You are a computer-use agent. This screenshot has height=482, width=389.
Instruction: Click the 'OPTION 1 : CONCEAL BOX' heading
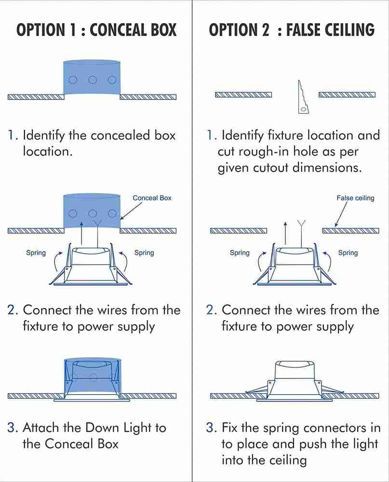(x=96, y=30)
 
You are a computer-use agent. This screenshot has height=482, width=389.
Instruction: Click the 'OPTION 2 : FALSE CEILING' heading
(x=291, y=30)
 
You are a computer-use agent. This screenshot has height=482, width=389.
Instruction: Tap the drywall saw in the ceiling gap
(x=302, y=98)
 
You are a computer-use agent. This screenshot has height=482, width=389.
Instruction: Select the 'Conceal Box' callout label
(x=152, y=198)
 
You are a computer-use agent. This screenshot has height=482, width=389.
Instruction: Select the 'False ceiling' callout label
(x=355, y=198)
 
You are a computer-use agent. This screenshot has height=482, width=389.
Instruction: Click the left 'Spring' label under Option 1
(x=36, y=253)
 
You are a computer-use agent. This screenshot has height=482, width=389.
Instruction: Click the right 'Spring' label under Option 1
(x=144, y=253)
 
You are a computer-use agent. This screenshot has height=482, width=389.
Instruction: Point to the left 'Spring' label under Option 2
(x=240, y=253)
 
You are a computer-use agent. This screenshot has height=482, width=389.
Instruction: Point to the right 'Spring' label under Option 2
(x=348, y=253)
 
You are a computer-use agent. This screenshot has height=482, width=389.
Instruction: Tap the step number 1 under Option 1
(x=13, y=135)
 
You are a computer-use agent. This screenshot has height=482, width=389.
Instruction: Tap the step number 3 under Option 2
(x=211, y=428)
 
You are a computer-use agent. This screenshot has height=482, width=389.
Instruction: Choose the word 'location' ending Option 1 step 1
(x=47, y=151)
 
